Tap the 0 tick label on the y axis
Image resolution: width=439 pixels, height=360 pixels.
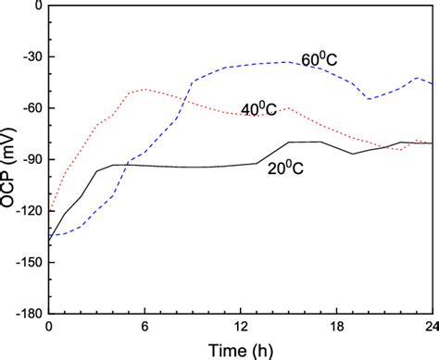pos(38,6)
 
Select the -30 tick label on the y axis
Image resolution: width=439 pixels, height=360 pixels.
pos(31,57)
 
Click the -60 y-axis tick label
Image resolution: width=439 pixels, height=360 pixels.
pos(31,108)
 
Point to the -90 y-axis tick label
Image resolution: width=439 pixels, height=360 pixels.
pos(31,159)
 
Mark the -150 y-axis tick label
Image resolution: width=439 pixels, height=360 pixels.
pos(29,262)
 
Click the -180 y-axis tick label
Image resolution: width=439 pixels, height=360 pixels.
pos(29,312)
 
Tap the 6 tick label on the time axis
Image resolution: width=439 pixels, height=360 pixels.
pos(144,326)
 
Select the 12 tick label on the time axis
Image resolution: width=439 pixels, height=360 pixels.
pos(240,326)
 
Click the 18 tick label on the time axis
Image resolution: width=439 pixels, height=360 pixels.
pos(336,326)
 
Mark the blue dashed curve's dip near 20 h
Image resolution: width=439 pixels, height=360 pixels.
pos(369,98)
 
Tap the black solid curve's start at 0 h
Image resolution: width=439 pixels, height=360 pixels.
pos(49,242)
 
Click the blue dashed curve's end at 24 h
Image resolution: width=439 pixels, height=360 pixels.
pos(432,85)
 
